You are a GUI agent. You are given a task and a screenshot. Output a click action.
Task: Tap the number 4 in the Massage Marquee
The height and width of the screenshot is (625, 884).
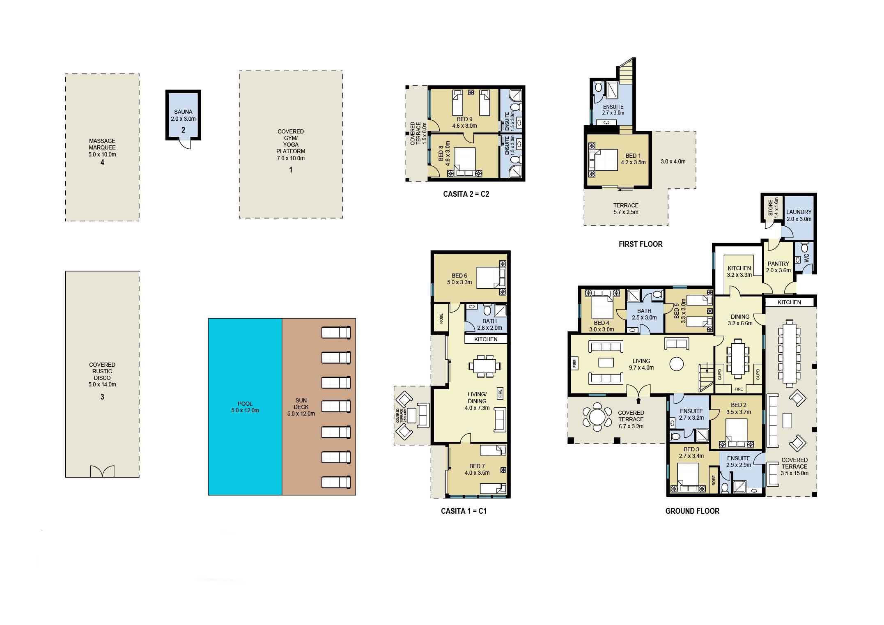click(x=102, y=163)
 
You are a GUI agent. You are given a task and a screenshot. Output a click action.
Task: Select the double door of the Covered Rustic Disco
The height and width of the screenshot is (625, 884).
click(x=102, y=471)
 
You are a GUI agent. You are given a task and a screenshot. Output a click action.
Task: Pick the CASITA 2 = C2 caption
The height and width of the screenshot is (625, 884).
click(x=466, y=194)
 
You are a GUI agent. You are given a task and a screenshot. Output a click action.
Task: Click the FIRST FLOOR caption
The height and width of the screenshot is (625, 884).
click(x=641, y=244)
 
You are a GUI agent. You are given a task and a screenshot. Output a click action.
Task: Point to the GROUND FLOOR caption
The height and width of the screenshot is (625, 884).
click(x=692, y=511)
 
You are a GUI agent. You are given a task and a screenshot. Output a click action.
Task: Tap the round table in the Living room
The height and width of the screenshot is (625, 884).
click(x=676, y=363)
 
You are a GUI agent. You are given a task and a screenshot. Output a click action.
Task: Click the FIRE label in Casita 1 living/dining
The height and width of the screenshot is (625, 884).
click(x=500, y=393)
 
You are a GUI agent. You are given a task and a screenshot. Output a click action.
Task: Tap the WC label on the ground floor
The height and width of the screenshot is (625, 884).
click(x=806, y=258)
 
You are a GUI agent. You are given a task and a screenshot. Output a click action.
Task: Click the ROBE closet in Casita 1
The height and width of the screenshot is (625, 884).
click(x=441, y=319)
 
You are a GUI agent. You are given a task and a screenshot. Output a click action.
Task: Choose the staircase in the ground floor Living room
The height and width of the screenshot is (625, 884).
click(x=707, y=378)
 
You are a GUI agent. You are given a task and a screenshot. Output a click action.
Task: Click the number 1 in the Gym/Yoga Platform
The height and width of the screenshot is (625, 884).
click(x=291, y=170)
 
